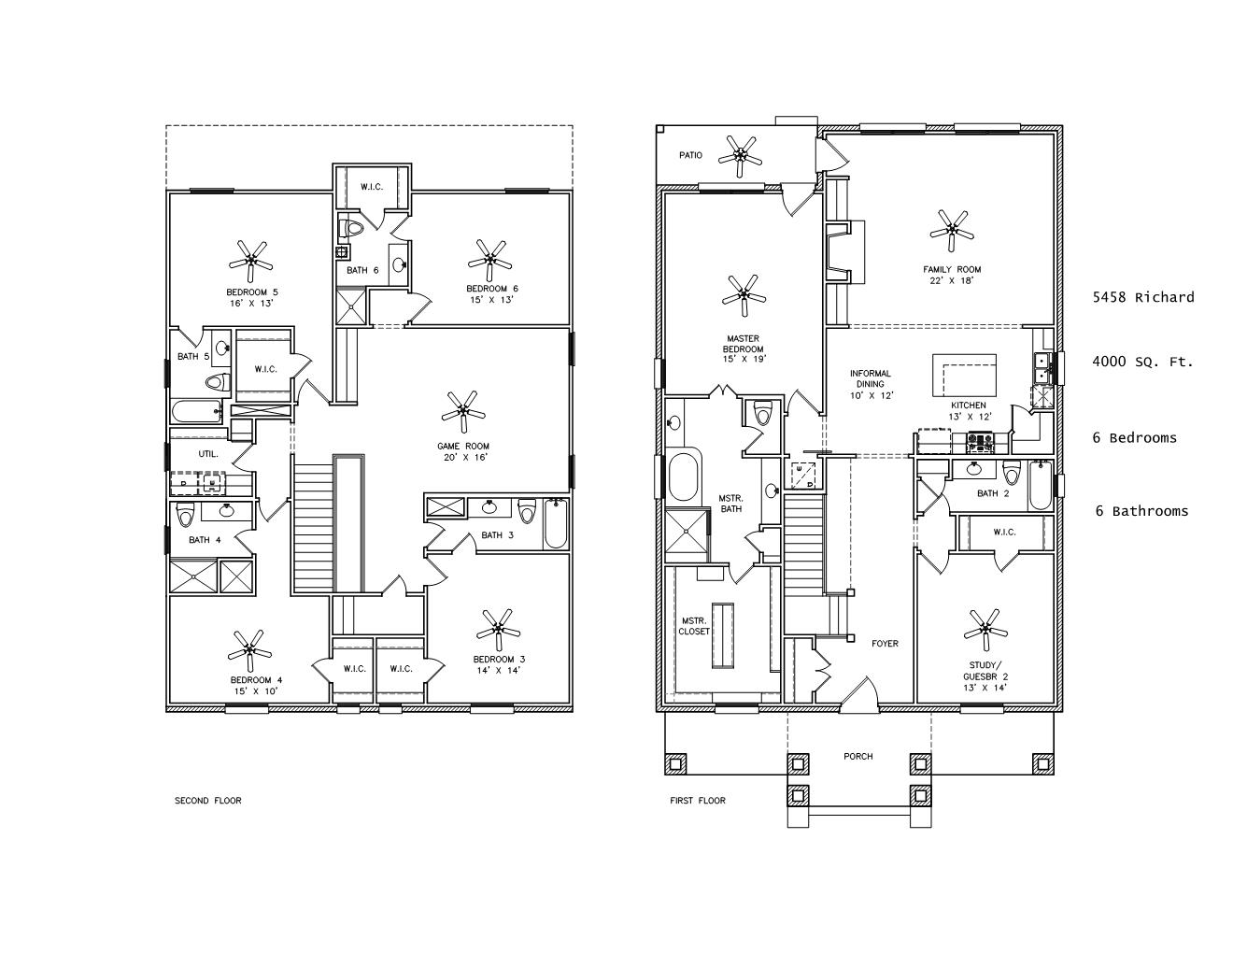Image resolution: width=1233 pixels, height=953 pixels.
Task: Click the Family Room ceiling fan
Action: [x=952, y=231]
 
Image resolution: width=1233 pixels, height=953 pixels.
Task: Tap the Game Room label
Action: [x=463, y=446]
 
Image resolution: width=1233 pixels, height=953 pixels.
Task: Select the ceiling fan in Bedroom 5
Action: [x=250, y=261]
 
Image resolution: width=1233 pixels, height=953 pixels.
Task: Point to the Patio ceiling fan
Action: [x=740, y=156]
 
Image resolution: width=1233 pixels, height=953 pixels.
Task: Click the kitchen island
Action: [x=965, y=376]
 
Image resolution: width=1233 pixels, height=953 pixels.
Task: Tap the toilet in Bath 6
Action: [x=350, y=229]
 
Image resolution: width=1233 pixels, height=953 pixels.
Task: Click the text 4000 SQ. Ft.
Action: [x=1142, y=362]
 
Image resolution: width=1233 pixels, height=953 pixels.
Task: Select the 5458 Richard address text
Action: [x=1143, y=297]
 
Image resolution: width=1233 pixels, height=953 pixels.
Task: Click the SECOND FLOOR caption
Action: [x=207, y=801]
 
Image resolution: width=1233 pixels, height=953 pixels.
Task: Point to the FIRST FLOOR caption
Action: [x=698, y=801]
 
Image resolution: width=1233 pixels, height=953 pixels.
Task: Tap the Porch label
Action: [x=857, y=756]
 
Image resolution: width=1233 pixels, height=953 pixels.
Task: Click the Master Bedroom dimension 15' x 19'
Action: [x=744, y=360]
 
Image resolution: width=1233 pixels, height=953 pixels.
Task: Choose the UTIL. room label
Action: [x=208, y=454]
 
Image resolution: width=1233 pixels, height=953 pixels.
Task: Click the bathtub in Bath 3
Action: [x=556, y=523]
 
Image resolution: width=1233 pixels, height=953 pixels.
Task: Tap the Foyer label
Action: [x=885, y=643]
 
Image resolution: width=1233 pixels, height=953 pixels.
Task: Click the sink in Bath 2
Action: [x=974, y=469]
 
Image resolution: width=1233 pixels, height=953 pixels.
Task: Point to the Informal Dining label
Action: [x=870, y=378]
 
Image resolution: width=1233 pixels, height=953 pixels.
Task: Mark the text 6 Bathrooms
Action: [x=1141, y=511]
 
